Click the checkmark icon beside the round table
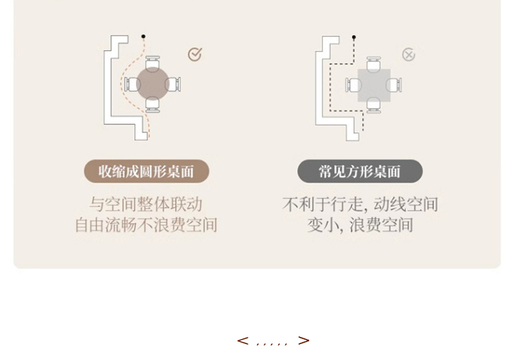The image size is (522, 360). click(x=194, y=54)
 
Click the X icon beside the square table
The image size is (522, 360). click(x=409, y=55)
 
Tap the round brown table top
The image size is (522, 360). click(x=153, y=84)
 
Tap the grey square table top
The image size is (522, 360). click(x=374, y=85)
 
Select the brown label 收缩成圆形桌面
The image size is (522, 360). click(x=146, y=172)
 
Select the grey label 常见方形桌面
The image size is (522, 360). click(x=360, y=172)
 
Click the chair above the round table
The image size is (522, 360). click(x=153, y=61)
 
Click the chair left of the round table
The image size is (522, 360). click(x=130, y=84)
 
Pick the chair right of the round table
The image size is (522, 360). click(x=175, y=84)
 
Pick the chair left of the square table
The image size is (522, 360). click(x=352, y=85)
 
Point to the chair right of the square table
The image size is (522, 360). click(x=396, y=85)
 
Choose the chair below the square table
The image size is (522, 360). click(x=374, y=106)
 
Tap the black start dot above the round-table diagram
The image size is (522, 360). click(x=143, y=36)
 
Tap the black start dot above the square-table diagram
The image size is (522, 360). click(x=354, y=37)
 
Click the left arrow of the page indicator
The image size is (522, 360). click(x=242, y=341)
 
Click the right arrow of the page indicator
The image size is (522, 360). click(x=303, y=341)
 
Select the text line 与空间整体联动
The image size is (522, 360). click(x=146, y=204)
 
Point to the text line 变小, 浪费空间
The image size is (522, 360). click(x=360, y=225)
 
